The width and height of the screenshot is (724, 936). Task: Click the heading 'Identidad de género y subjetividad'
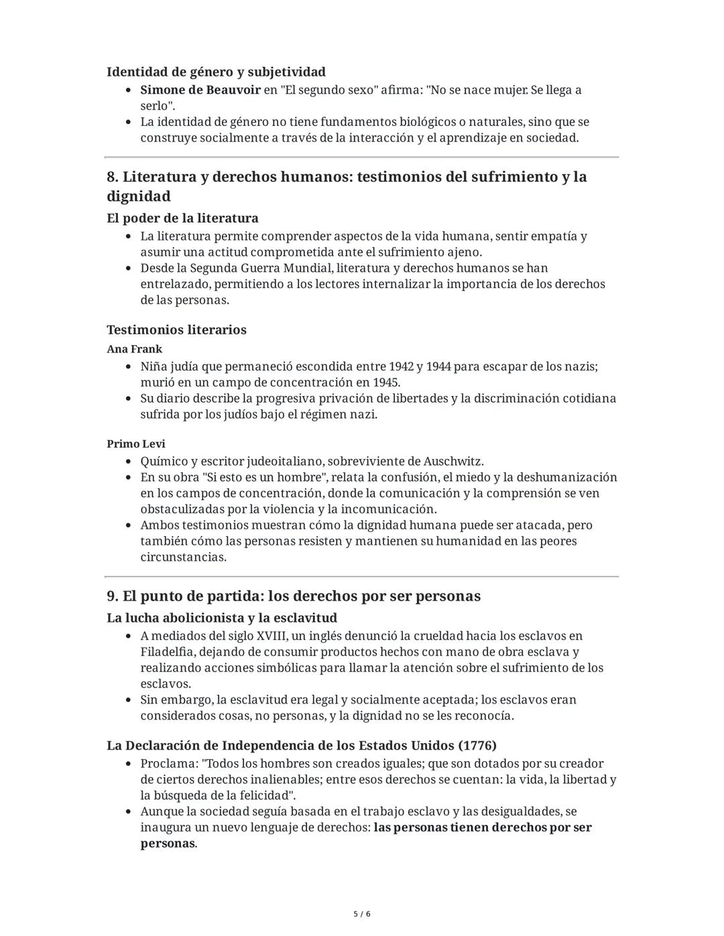[216, 72]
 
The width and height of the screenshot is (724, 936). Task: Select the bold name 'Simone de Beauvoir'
[200, 90]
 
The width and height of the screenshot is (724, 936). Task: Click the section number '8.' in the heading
[113, 177]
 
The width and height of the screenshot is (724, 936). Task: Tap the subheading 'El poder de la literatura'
[182, 218]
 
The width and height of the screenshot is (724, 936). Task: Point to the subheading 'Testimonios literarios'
[176, 330]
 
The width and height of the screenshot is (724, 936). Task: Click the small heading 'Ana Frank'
[134, 349]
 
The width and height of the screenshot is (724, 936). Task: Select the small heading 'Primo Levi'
[135, 444]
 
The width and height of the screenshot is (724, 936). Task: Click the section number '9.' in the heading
[113, 596]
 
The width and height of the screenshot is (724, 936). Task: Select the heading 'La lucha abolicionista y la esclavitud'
[221, 618]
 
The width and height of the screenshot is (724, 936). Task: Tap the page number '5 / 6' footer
[362, 914]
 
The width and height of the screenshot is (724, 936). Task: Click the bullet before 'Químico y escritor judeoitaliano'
[128, 462]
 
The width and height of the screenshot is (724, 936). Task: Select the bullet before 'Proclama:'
[128, 764]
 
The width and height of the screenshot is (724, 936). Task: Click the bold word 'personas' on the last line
[168, 844]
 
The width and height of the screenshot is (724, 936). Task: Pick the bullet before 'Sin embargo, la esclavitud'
[128, 700]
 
